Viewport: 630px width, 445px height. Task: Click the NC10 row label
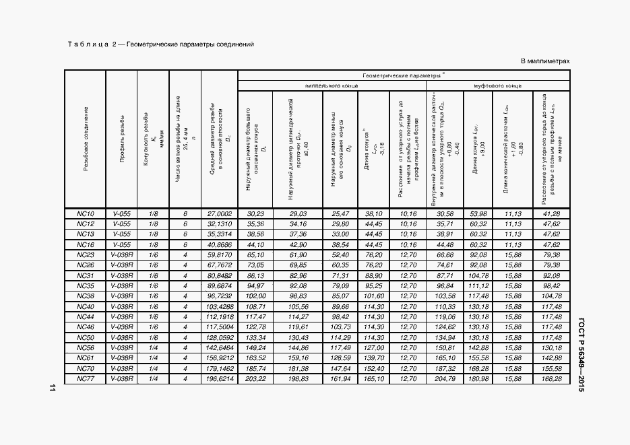click(85, 213)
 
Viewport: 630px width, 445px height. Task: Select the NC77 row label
click(85, 380)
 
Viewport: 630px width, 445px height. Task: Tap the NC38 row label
click(85, 296)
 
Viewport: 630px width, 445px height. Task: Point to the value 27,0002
click(220, 213)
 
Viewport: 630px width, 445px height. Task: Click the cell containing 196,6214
click(220, 380)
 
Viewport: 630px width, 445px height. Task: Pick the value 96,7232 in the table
click(220, 296)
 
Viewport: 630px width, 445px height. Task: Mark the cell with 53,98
click(478, 213)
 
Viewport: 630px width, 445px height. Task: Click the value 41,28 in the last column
click(550, 213)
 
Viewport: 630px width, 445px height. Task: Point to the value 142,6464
click(220, 348)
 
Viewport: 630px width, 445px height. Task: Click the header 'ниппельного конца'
click(332, 86)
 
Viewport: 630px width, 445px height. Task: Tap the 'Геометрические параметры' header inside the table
click(403, 76)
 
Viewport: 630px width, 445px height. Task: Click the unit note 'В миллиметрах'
click(545, 61)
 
